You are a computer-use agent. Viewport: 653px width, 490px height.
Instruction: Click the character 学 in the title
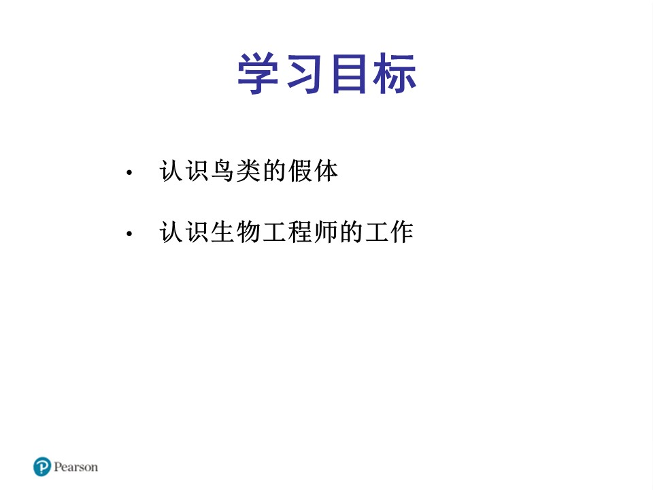click(x=259, y=74)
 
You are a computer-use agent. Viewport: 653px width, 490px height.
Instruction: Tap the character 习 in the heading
click(x=304, y=74)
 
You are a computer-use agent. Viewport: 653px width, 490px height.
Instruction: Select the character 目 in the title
click(x=350, y=74)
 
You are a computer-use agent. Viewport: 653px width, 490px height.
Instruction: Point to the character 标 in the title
click(x=395, y=74)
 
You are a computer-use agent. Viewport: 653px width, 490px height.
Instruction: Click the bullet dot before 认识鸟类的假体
click(x=129, y=174)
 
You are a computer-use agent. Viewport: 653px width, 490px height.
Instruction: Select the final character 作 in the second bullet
click(x=401, y=233)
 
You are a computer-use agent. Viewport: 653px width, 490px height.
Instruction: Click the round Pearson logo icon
click(x=42, y=467)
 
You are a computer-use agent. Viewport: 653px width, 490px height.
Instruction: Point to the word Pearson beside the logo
click(x=76, y=468)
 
